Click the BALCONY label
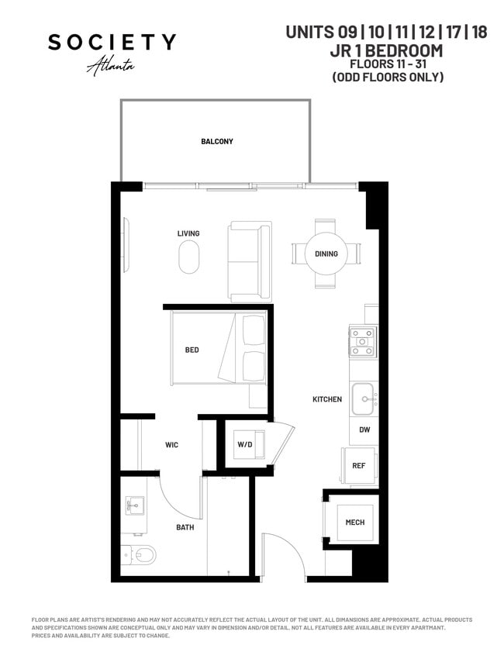(x=216, y=141)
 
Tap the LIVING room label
(x=188, y=233)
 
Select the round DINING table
(x=326, y=254)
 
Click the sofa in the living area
(x=250, y=262)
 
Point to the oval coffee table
(x=188, y=257)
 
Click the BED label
(x=192, y=350)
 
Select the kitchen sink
(x=363, y=398)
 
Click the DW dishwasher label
(x=363, y=429)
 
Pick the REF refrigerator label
(x=359, y=466)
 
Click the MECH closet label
(x=355, y=522)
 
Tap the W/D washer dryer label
(x=244, y=445)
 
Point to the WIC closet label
(x=172, y=445)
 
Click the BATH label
(x=185, y=527)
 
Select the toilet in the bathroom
(x=140, y=555)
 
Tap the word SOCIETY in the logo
(x=112, y=43)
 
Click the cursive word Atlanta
(x=111, y=65)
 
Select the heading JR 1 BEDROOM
(x=386, y=50)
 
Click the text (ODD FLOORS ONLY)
(x=387, y=77)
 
